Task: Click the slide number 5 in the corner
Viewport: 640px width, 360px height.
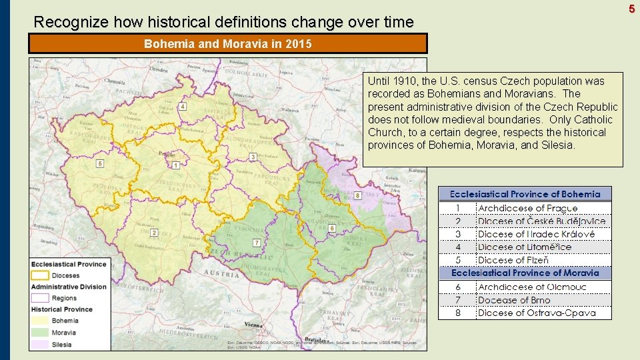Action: (631, 8)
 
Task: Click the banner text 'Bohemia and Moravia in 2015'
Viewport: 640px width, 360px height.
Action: (227, 44)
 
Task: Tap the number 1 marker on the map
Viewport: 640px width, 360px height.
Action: (175, 165)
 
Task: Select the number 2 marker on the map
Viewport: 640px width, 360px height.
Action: (154, 233)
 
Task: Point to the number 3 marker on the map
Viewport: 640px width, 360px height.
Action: (253, 157)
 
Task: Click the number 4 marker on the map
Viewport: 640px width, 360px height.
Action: (183, 107)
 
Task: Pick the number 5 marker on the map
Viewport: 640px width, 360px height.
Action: (100, 163)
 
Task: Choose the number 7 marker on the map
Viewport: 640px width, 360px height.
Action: (257, 242)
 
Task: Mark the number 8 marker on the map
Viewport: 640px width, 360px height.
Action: (357, 195)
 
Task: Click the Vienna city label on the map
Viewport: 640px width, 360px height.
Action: (253, 324)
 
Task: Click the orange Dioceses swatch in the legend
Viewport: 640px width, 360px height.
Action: (40, 275)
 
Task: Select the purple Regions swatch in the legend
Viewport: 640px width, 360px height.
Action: (40, 298)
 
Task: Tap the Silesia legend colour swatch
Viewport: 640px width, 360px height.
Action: (40, 344)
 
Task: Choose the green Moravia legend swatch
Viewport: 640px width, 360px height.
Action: (40, 332)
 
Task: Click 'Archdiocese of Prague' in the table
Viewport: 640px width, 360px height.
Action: (528, 208)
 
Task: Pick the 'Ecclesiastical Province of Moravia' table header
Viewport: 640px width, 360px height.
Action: (525, 273)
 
